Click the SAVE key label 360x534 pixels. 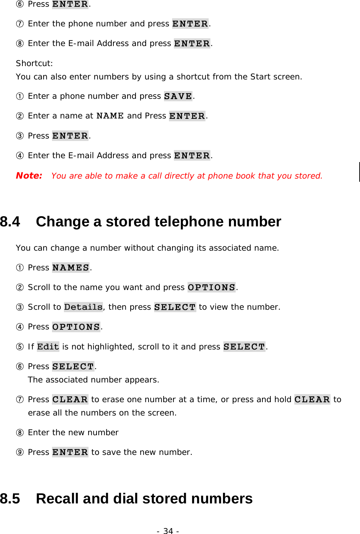(178, 96)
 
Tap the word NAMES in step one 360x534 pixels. (71, 268)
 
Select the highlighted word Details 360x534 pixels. (83, 307)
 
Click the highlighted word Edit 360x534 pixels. (48, 347)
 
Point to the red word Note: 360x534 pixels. (29, 176)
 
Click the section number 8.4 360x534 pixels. (10, 222)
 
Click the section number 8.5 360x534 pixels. (10, 499)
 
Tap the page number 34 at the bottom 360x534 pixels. (168, 531)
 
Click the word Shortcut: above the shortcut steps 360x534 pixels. (34, 63)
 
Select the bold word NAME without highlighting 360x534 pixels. (110, 116)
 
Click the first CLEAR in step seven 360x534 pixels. (70, 400)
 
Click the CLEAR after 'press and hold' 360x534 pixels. (312, 400)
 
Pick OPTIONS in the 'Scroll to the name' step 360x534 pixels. (211, 288)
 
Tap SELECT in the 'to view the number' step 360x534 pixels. (175, 307)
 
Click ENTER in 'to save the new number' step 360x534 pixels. (70, 452)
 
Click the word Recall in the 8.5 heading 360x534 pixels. (57, 499)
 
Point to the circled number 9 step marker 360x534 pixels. (20, 452)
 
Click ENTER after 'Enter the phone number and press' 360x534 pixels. (190, 24)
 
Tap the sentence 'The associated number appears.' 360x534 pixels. (93, 380)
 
